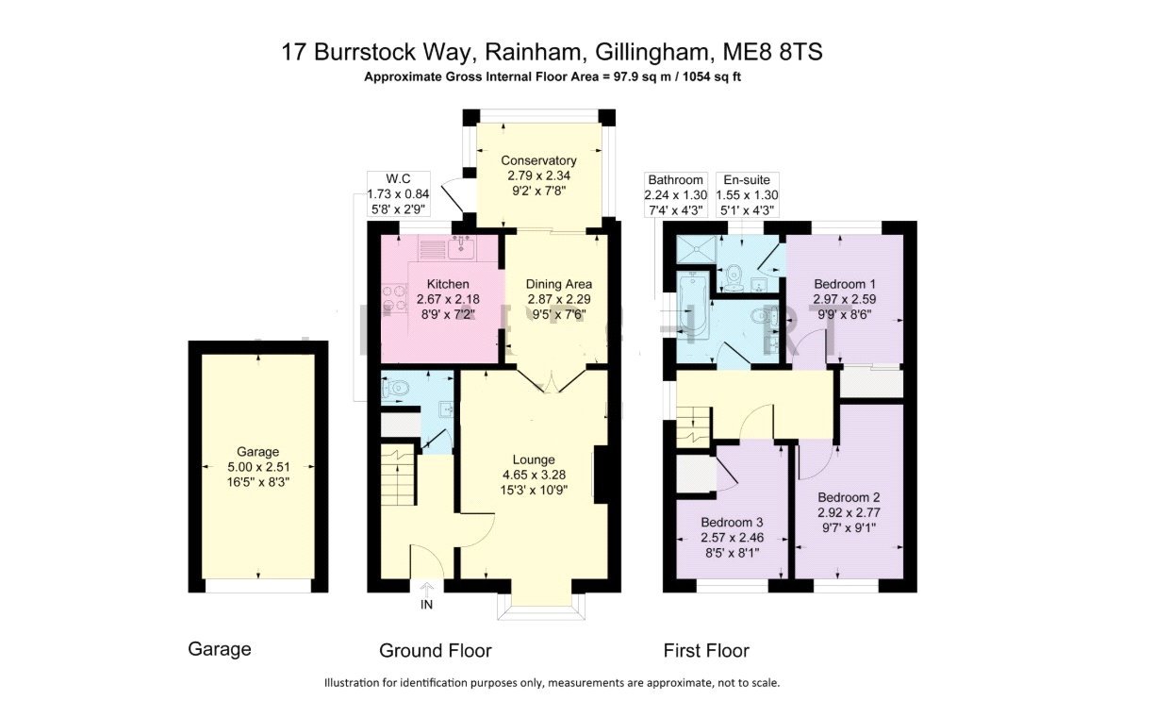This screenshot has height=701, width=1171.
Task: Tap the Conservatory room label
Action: tap(538, 160)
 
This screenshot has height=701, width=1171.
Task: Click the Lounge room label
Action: tap(535, 459)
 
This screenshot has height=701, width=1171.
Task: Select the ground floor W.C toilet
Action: tap(399, 387)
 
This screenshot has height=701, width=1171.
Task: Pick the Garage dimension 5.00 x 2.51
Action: tap(257, 467)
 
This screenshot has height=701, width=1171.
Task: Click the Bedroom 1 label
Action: tap(846, 284)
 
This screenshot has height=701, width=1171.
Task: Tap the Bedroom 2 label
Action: tap(849, 497)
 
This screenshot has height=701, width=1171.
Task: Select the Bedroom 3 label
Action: tap(732, 522)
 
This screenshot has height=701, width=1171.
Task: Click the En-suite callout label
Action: tap(746, 179)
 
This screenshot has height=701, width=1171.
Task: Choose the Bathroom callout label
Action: tap(674, 179)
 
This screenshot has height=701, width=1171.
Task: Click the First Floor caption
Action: tap(706, 651)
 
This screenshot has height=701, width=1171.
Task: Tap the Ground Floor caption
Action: tap(435, 651)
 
